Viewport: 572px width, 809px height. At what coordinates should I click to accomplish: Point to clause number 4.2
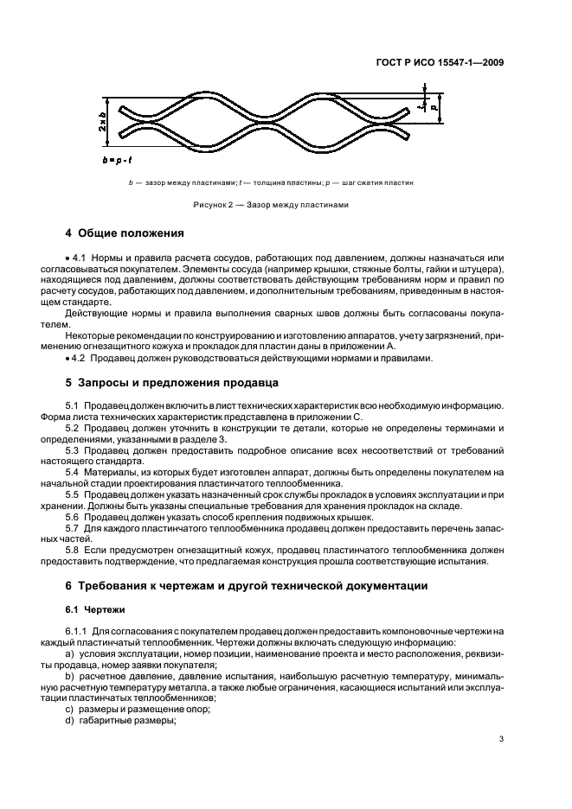coord(80,359)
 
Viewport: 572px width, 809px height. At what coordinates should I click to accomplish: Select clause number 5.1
coord(74,405)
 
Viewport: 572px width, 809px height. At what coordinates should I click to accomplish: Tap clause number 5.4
coord(74,471)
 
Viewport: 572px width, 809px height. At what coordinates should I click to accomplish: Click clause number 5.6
coord(74,516)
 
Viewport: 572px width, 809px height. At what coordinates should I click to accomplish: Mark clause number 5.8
coord(74,550)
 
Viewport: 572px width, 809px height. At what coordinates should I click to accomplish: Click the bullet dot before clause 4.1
coord(67,258)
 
